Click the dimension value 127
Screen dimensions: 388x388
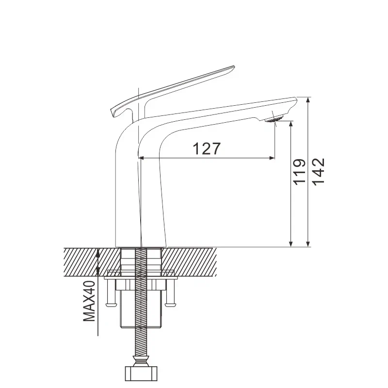[x=207, y=148]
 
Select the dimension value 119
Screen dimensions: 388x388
[x=299, y=172]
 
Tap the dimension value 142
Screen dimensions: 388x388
[x=318, y=172]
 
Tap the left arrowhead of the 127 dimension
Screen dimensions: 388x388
[x=143, y=158]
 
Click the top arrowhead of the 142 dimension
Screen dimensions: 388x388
[x=308, y=100]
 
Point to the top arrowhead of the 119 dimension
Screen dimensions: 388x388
[x=291, y=124]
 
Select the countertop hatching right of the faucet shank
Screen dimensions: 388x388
[x=194, y=262]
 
